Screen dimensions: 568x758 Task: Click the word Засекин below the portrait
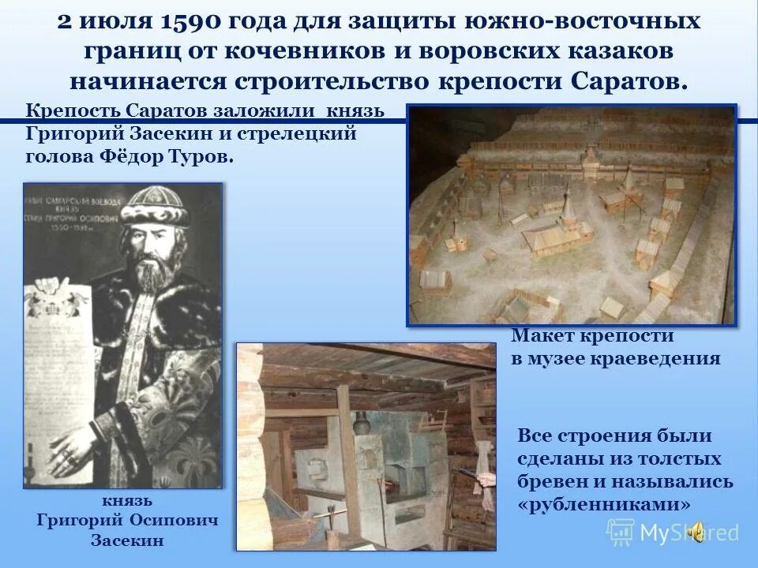(127, 540)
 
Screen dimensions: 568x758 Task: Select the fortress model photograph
(571, 215)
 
